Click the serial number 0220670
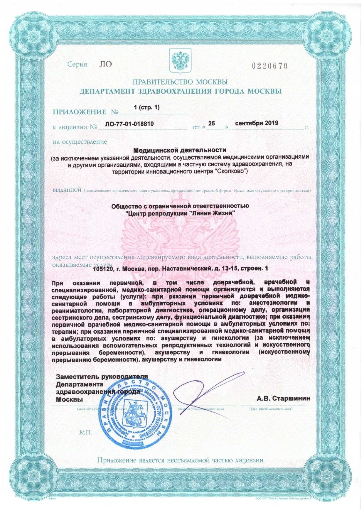[x=269, y=66]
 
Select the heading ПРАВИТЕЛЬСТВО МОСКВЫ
[x=180, y=82]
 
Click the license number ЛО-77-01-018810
[x=129, y=124]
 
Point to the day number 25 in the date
[x=211, y=124]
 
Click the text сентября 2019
[x=256, y=123]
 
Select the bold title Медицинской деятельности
[x=180, y=151]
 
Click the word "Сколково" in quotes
[x=234, y=171]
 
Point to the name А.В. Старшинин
[x=283, y=399]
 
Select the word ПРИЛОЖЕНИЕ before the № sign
[x=79, y=112]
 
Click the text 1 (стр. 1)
[x=146, y=107]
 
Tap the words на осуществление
[x=80, y=142]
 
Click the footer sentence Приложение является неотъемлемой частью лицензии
[x=180, y=460]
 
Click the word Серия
[x=77, y=65]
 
